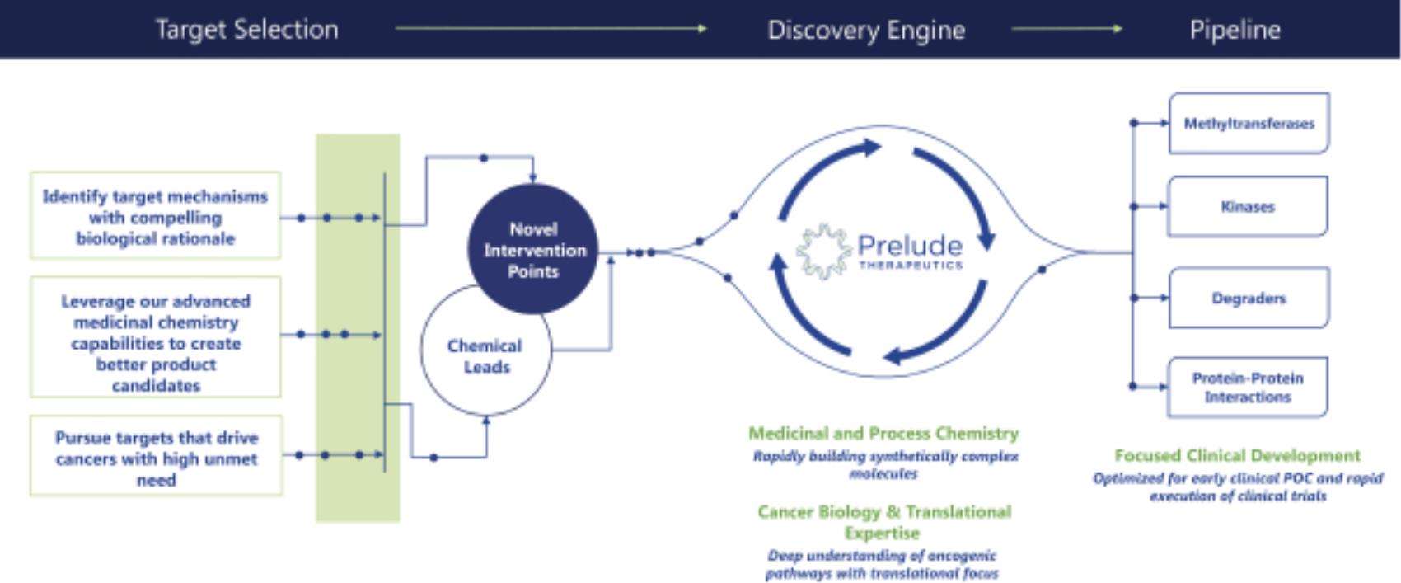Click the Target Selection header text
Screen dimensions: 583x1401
(246, 30)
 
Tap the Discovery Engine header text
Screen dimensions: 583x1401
(865, 30)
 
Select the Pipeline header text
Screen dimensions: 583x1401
(1235, 30)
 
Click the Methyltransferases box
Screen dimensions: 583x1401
(1249, 124)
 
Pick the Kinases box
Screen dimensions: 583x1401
(1247, 206)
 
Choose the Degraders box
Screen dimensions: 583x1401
(1248, 298)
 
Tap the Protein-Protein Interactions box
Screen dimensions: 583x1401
(1247, 388)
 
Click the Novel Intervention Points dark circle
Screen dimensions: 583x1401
(533, 249)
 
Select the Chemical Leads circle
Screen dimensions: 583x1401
(485, 356)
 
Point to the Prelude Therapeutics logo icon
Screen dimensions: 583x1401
(822, 251)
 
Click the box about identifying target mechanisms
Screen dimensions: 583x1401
(155, 217)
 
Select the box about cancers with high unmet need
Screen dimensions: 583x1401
(156, 457)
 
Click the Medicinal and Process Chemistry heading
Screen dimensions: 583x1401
(883, 433)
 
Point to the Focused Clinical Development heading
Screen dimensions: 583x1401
(1237, 455)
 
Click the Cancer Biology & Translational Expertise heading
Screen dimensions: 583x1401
(883, 522)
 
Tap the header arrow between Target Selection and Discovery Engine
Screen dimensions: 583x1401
(551, 29)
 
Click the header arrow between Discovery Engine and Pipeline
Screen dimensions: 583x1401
(1066, 29)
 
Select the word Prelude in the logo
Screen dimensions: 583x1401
(909, 246)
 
